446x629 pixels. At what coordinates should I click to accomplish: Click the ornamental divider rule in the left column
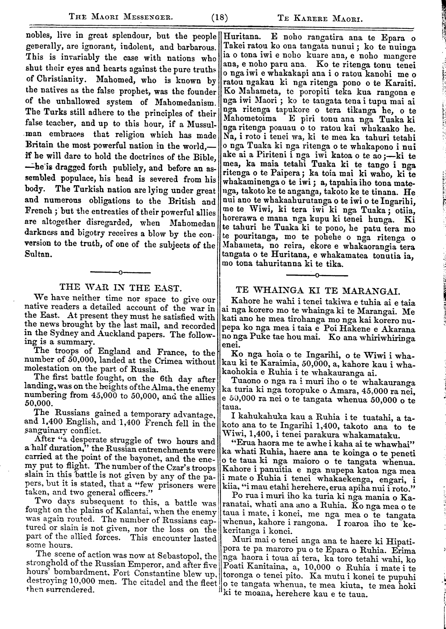(120, 272)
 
